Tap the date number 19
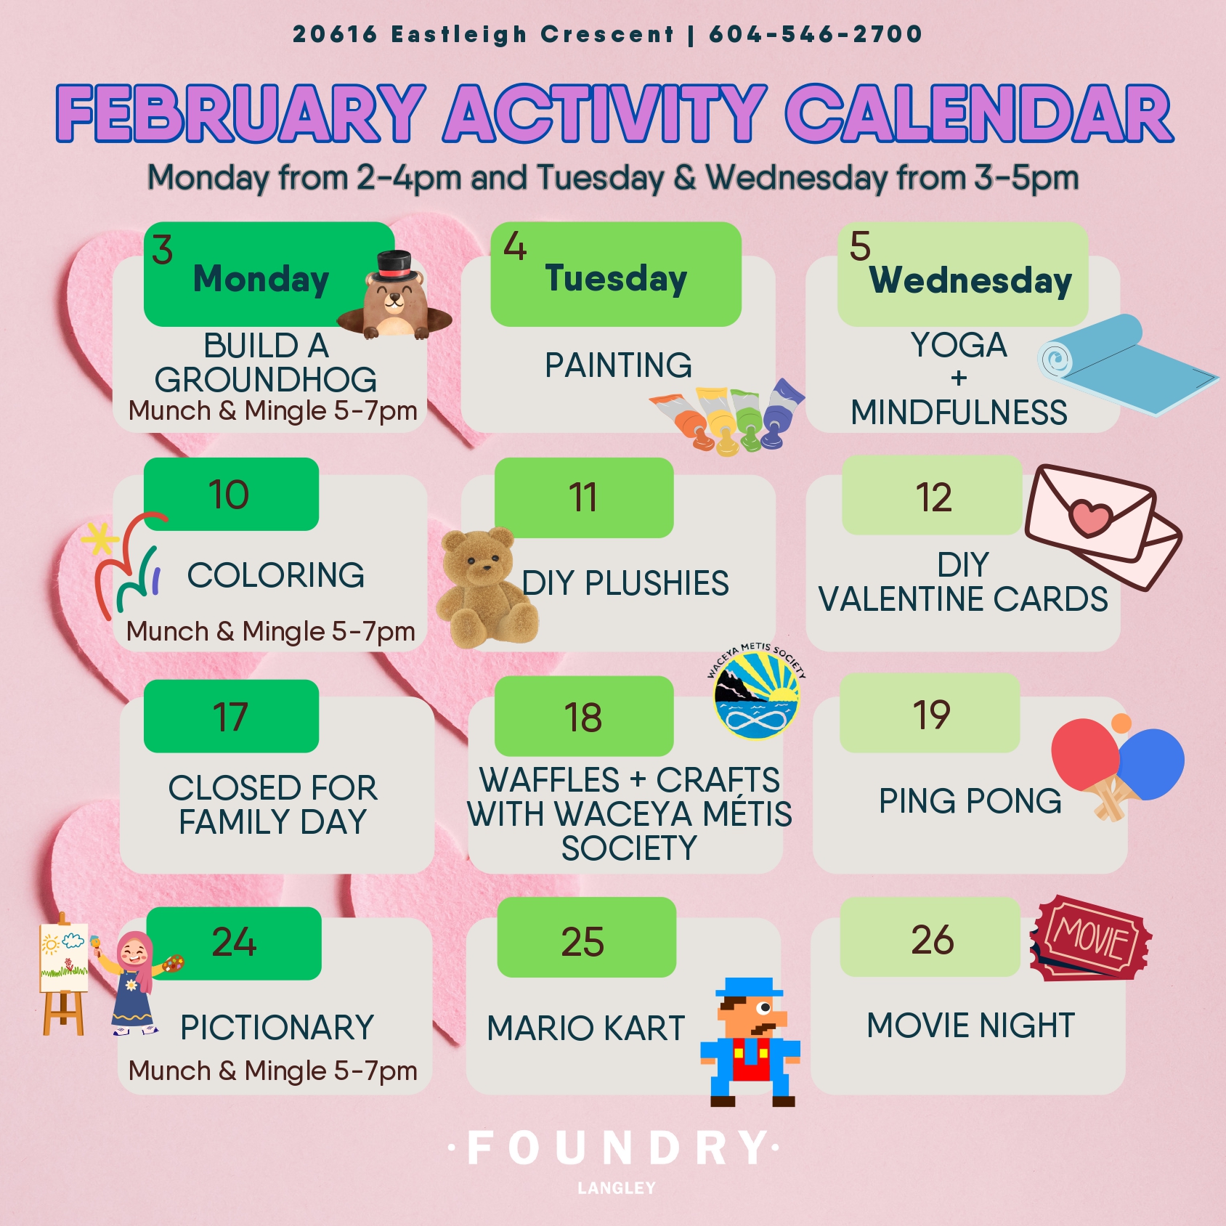tap(931, 715)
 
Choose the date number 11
tap(583, 498)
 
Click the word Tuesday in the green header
tap(616, 280)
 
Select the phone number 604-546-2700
tap(815, 34)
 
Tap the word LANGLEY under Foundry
tap(616, 1188)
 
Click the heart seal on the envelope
tap(1090, 517)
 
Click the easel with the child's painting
tap(63, 973)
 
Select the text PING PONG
tap(970, 801)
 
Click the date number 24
tap(234, 942)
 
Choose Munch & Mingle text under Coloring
tap(271, 632)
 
